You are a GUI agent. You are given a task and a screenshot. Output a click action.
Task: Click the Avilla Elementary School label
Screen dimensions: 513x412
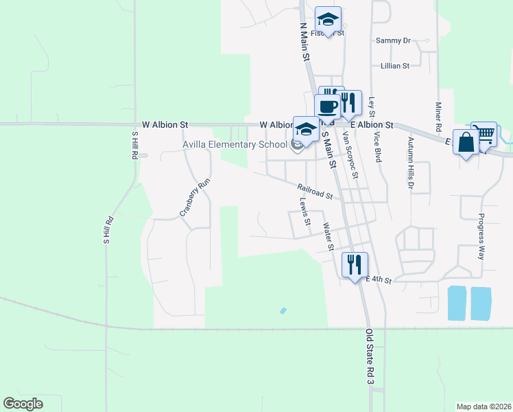[x=235, y=144]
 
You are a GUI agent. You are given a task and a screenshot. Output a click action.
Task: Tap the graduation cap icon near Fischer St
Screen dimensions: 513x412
[x=328, y=19]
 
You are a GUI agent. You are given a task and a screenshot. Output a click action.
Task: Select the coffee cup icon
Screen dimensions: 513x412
[x=327, y=107]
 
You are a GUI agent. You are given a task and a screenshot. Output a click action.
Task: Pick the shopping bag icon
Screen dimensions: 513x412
[x=466, y=143]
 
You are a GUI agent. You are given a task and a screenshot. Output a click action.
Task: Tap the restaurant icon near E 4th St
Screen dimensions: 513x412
[x=355, y=264]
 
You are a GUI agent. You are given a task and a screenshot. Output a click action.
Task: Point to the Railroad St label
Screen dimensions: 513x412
[x=315, y=191]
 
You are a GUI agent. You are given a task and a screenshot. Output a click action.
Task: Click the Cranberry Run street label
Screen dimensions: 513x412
[x=194, y=198]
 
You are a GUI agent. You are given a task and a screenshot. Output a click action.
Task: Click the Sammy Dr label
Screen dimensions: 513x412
[x=392, y=41]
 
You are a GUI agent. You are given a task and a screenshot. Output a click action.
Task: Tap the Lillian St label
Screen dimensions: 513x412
[x=395, y=66]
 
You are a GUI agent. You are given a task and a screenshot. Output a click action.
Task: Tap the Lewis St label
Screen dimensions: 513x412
[x=305, y=212]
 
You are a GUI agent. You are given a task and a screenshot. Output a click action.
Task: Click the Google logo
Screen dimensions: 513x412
[x=23, y=404]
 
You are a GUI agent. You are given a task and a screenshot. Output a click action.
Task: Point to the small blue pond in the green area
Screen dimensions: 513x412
[x=283, y=311]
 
